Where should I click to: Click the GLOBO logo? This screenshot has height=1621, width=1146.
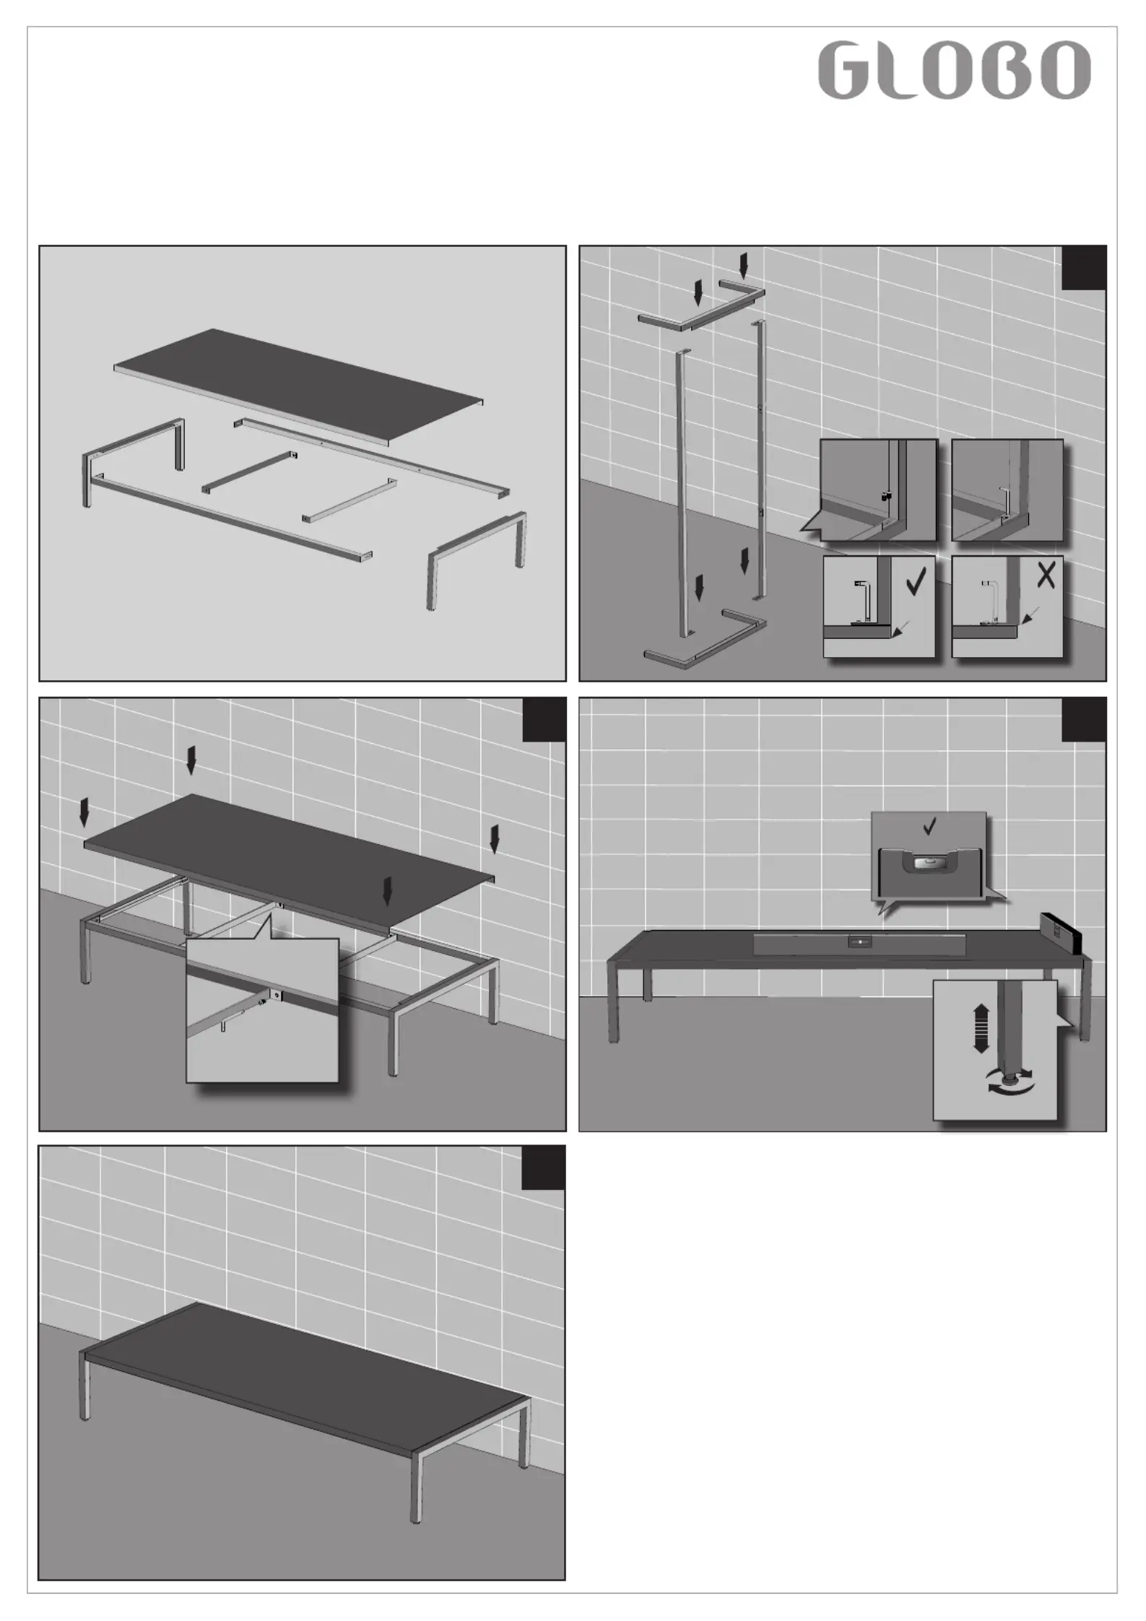pyautogui.click(x=954, y=70)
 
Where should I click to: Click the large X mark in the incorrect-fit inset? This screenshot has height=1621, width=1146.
pyautogui.click(x=1045, y=575)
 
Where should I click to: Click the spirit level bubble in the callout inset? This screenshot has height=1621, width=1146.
pyautogui.click(x=929, y=861)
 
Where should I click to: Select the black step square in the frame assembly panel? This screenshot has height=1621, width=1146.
pyautogui.click(x=1084, y=268)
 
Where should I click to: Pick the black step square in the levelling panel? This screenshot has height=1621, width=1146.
pyautogui.click(x=1084, y=720)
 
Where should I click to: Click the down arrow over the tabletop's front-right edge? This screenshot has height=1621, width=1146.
pyautogui.click(x=388, y=890)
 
